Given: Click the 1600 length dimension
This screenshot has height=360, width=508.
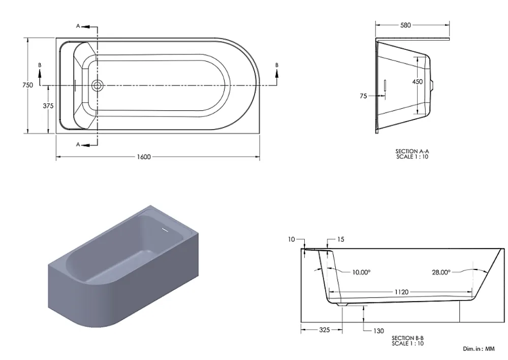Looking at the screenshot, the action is pos(144,157).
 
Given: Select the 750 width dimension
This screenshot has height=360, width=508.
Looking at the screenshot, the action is pos(27,85).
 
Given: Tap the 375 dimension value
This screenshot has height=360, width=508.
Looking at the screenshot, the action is pos(48,106).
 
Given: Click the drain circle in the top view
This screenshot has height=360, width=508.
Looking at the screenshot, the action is pos(97,85).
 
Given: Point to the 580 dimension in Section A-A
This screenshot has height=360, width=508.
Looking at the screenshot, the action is pos(405,25).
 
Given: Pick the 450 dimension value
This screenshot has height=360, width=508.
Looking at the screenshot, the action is pos(417,81).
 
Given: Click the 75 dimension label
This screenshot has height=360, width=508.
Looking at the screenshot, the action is pos(363,96).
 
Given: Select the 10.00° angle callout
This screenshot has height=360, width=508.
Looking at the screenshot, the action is pos(361,272).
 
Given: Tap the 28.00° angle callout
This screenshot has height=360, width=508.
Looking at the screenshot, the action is pos(441,272).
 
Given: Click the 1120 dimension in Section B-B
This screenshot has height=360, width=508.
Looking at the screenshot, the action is pos(401,292).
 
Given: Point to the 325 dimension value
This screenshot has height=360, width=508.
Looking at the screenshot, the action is pos(324,330).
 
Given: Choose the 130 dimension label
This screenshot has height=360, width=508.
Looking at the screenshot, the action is pos(378,331).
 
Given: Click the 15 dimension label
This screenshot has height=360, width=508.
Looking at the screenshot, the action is pos(340,239).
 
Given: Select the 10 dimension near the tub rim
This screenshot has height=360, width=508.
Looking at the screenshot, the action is pos(291,239).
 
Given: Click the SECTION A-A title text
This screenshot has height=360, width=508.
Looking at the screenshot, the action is pos(412,151).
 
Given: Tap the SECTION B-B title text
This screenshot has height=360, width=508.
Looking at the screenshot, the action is pos(407,338).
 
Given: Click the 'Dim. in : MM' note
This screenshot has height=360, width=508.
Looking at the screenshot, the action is pos(479,349).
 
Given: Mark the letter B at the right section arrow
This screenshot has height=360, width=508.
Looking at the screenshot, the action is pos(277,65).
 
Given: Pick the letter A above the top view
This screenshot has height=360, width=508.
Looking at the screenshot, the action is pos(78,26).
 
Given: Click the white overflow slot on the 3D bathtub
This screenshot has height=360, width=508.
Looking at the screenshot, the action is pos(165,230).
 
